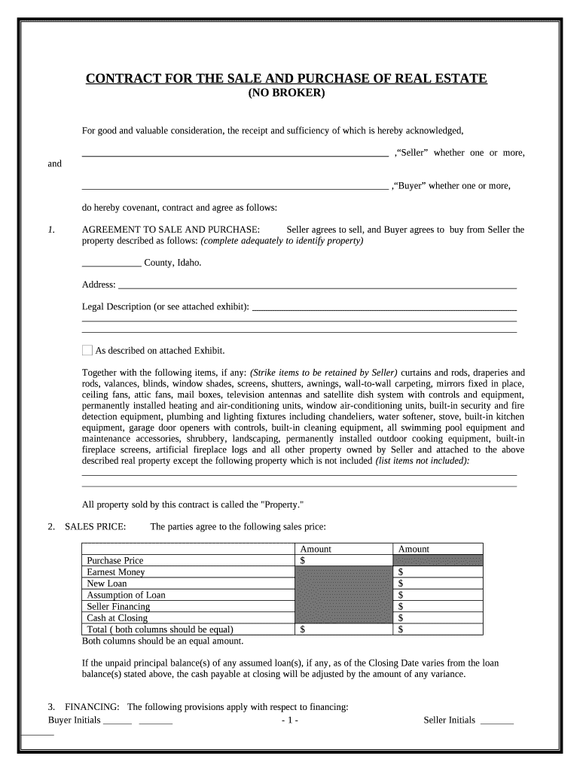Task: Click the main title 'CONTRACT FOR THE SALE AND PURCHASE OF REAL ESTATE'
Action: [x=286, y=79]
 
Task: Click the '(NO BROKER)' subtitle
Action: [x=286, y=93]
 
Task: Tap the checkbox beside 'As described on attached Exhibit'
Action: [x=87, y=350]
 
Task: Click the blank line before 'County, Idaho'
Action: [x=111, y=264]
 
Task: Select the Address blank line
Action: [x=317, y=285]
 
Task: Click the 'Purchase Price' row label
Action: [x=115, y=561]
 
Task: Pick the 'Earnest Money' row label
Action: [x=115, y=572]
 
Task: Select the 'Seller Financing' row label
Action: [x=118, y=606]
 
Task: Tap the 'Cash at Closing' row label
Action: [x=118, y=618]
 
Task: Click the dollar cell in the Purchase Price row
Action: [x=343, y=561]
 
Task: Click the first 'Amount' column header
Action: [x=316, y=550]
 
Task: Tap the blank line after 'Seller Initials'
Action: [x=496, y=721]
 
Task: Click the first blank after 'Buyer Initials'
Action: [x=118, y=721]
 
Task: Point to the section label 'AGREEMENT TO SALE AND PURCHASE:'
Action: [x=171, y=230]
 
